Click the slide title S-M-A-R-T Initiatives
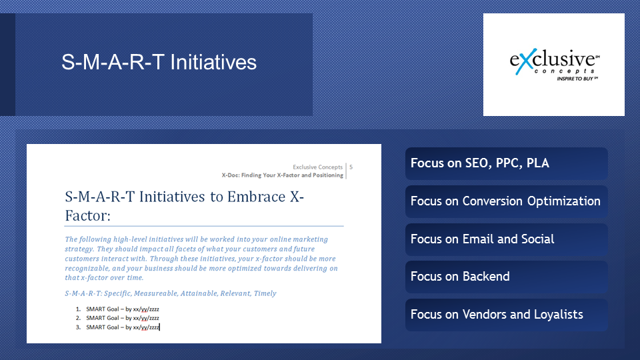(159, 63)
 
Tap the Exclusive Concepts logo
(554, 65)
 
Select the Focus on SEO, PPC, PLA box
(507, 163)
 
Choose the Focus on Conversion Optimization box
(507, 201)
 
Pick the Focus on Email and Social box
(507, 239)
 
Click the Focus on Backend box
(507, 277)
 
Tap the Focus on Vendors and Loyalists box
(507, 315)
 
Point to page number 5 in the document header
(351, 167)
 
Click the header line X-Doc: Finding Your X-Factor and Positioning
(283, 175)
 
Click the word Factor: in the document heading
(88, 215)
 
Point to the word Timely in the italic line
(265, 293)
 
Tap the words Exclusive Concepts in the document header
(317, 167)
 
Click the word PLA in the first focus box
(538, 163)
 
